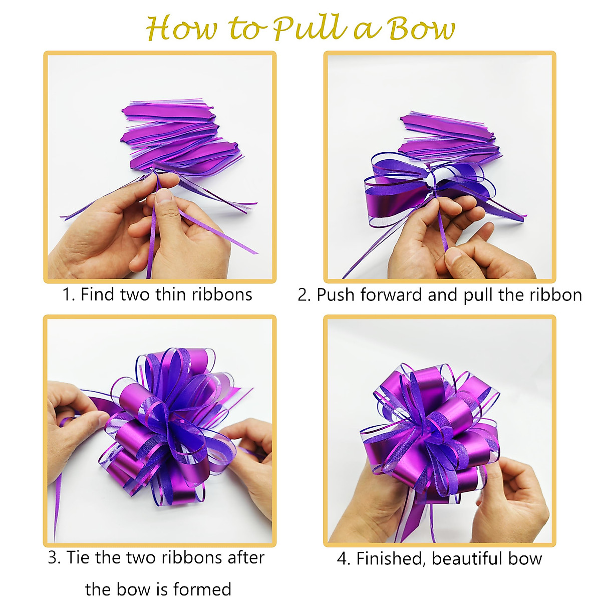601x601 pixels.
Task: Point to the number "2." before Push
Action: coord(304,295)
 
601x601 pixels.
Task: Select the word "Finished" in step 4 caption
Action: coord(390,558)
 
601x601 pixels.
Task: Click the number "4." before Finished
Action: coord(344,558)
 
